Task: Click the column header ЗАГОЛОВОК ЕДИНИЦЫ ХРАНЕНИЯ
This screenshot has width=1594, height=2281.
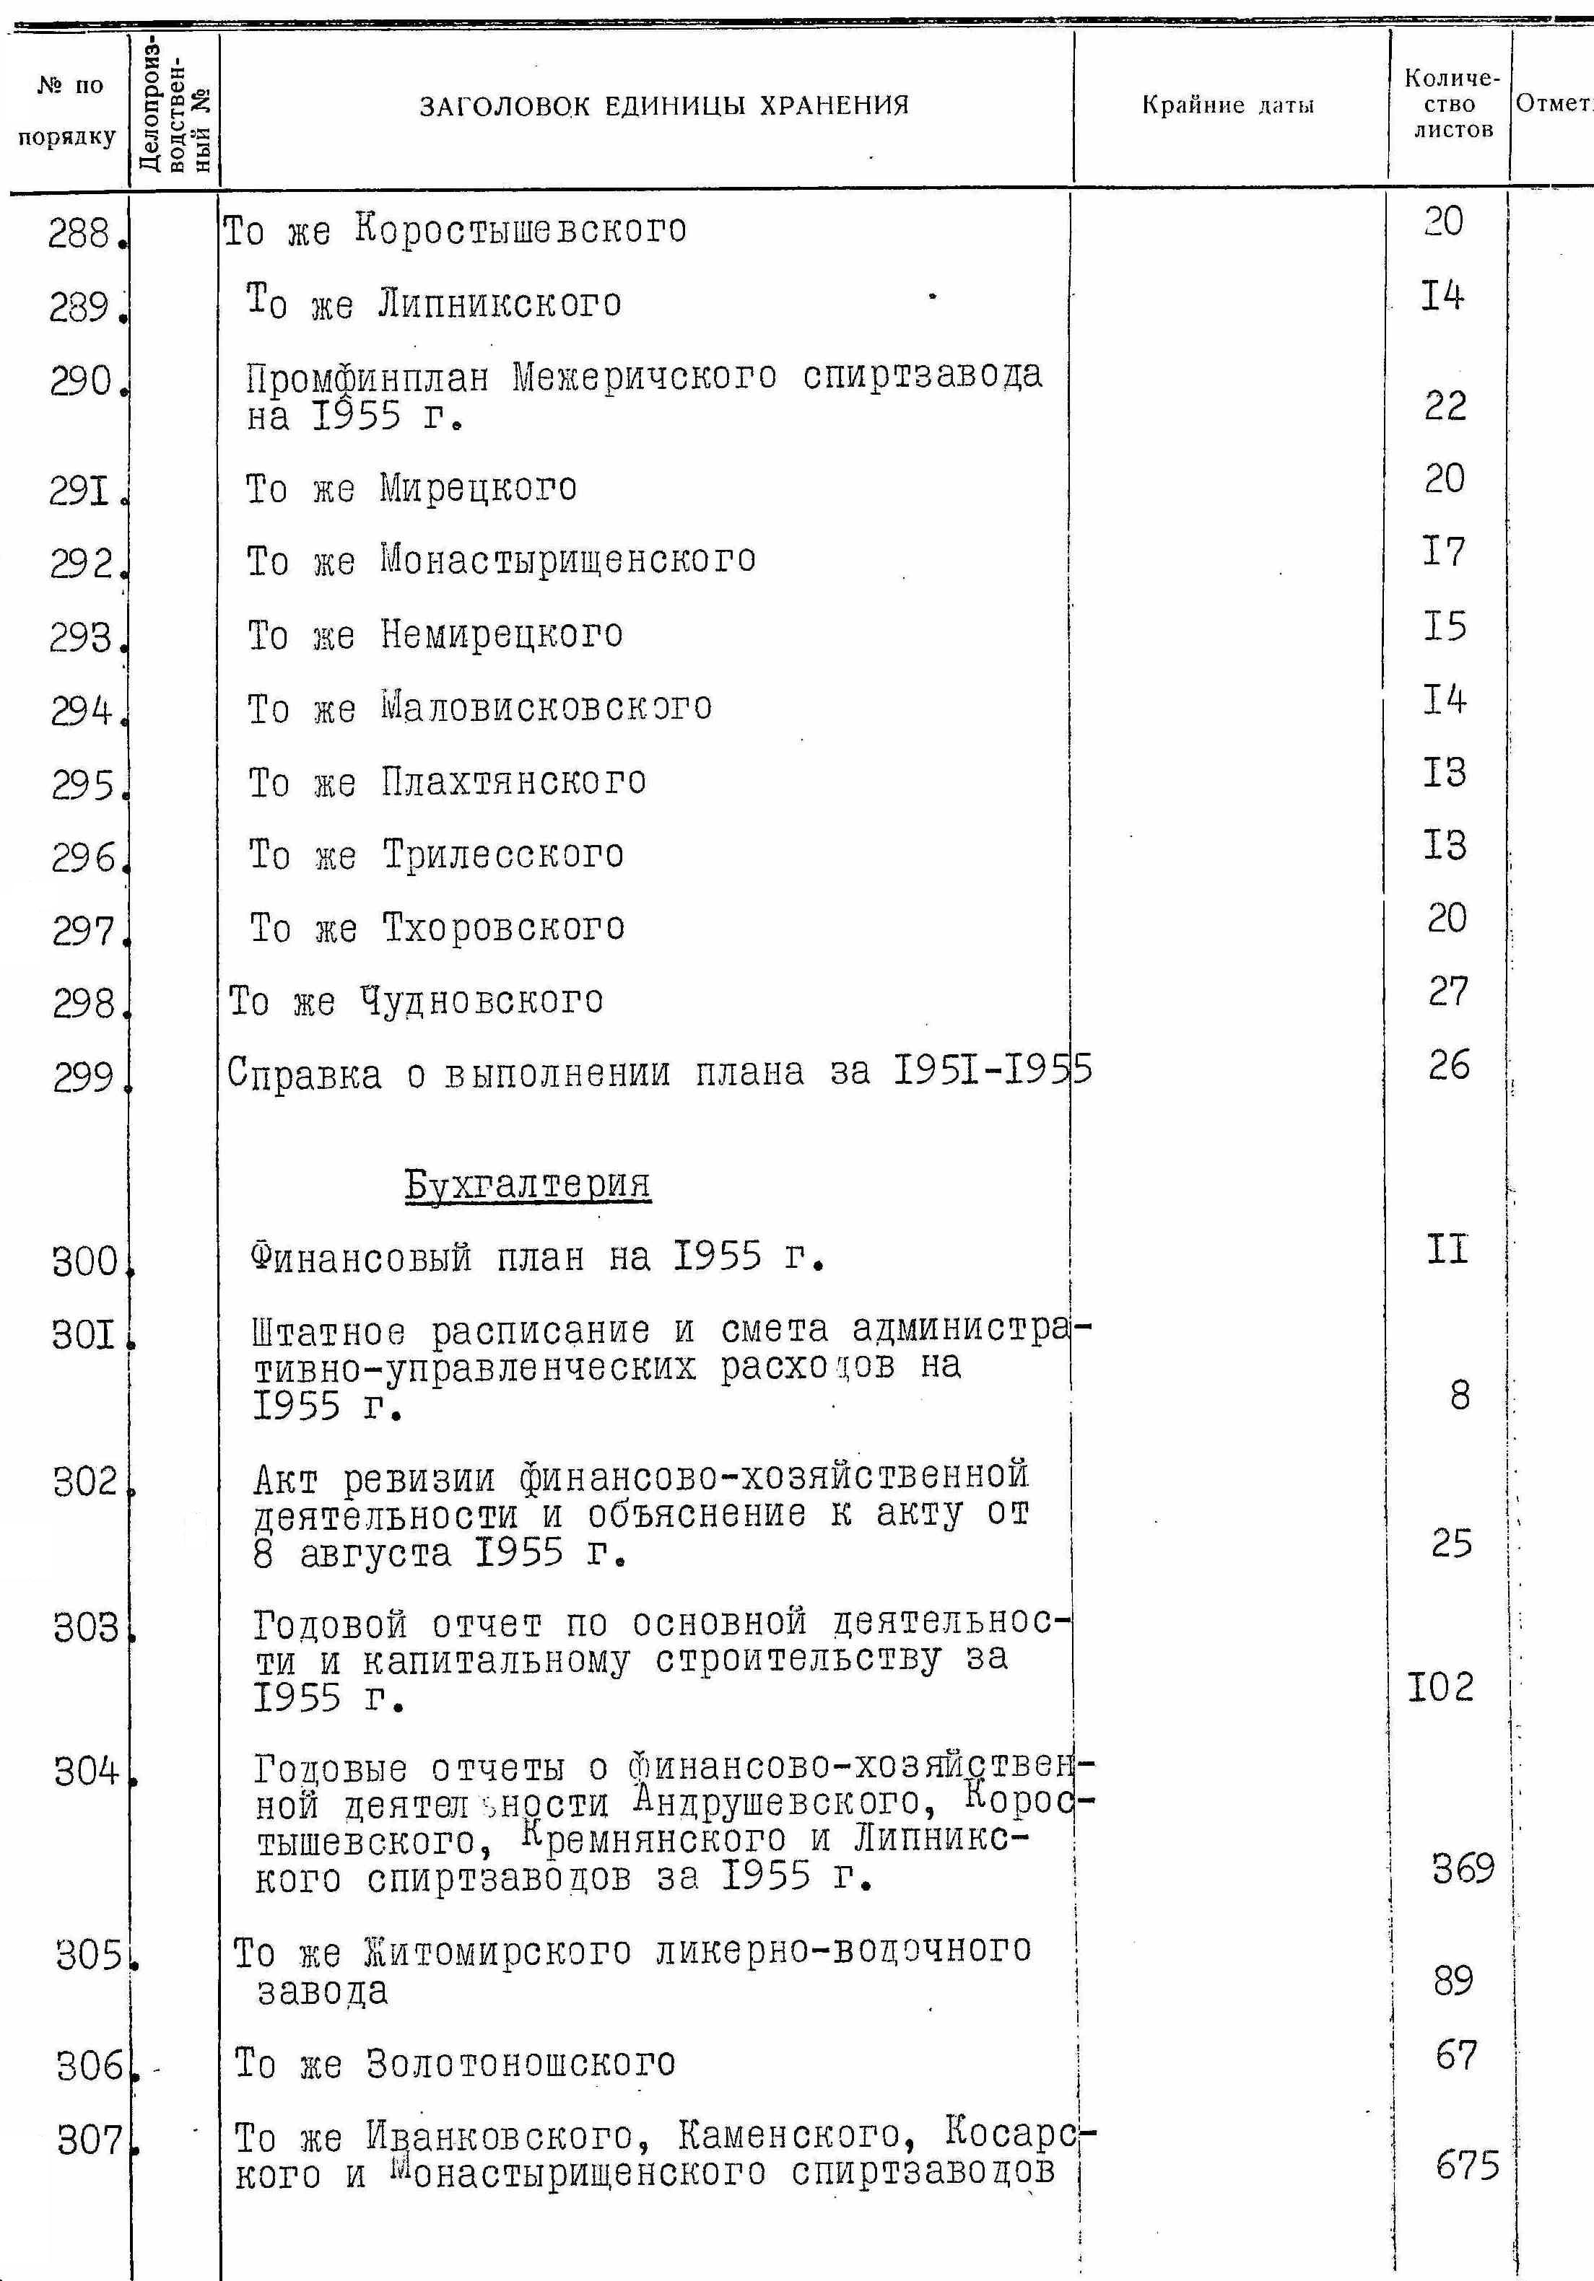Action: [x=664, y=105]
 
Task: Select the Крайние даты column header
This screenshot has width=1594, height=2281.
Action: [x=1227, y=105]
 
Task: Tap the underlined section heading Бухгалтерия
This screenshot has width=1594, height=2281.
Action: [x=528, y=1183]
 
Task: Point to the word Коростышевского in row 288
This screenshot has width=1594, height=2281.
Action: [x=521, y=229]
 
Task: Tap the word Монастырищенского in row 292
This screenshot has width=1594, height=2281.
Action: [x=567, y=559]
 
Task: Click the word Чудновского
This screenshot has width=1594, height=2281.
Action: [x=482, y=999]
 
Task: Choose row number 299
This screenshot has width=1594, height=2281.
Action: [x=84, y=1076]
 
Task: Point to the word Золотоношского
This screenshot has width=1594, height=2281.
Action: [x=521, y=2063]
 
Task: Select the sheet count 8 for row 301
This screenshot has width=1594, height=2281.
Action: [x=1459, y=1396]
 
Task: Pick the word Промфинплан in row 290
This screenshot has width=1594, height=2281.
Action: [x=367, y=377]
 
